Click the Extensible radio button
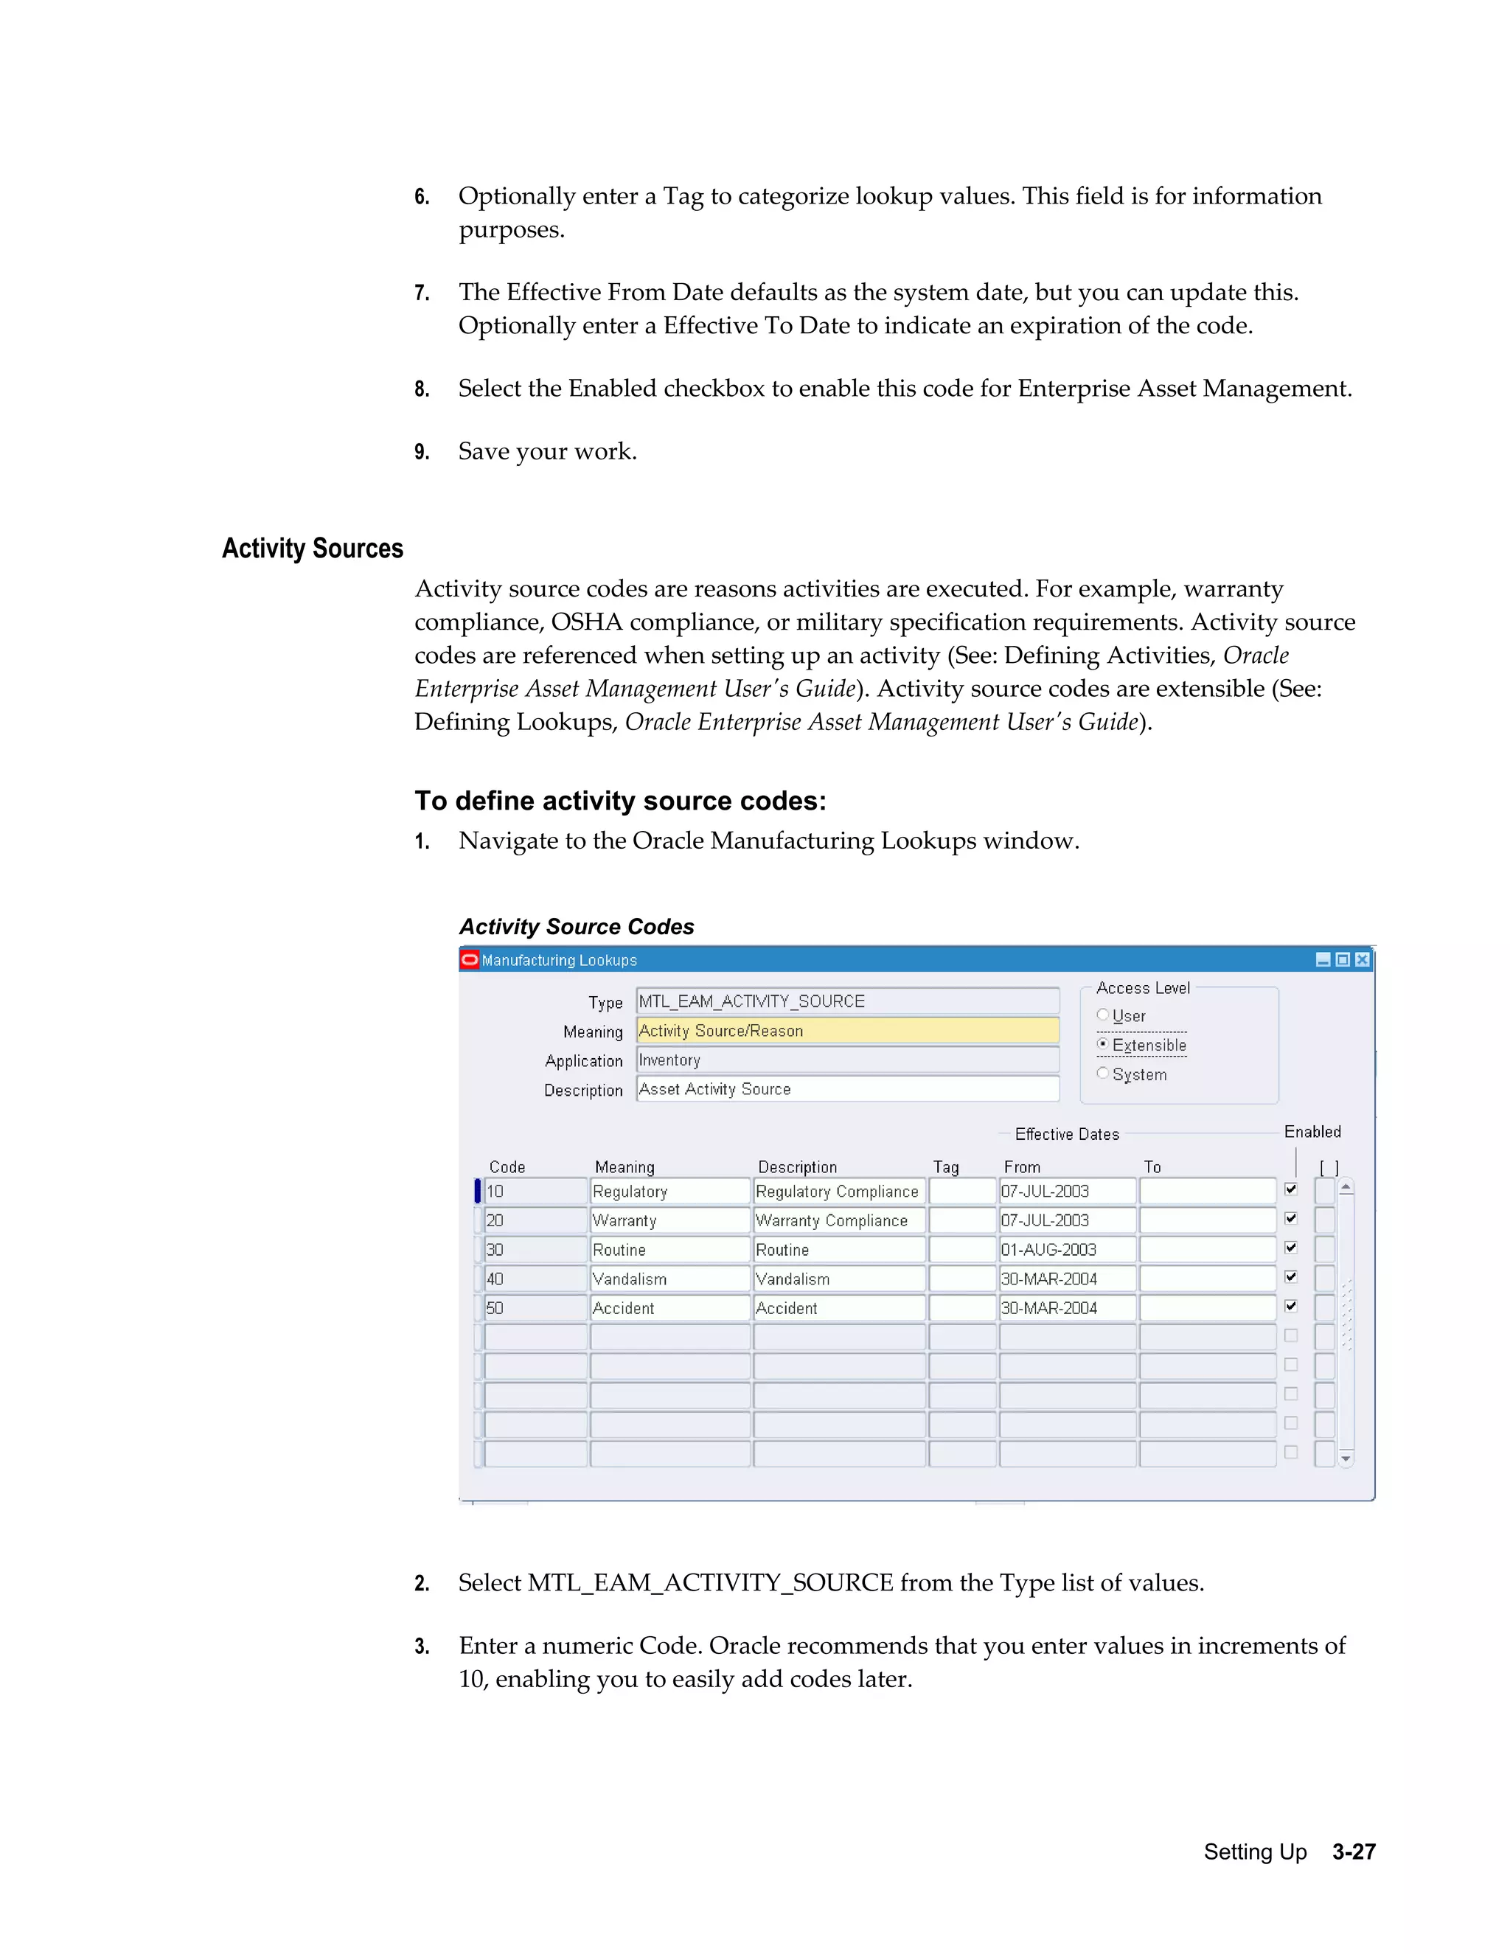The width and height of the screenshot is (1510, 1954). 1103,1044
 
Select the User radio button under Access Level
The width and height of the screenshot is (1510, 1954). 1103,1015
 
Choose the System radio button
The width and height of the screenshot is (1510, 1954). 1103,1073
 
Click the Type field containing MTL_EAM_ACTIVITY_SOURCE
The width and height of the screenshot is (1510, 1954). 846,1001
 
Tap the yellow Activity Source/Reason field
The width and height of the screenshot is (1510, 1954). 846,1031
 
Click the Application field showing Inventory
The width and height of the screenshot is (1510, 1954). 846,1060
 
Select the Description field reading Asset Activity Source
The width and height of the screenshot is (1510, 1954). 846,1089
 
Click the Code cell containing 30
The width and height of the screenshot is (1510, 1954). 535,1250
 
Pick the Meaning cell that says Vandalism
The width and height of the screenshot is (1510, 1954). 669,1279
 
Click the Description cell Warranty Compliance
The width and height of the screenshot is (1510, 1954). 838,1220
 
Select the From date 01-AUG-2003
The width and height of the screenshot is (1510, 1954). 1066,1250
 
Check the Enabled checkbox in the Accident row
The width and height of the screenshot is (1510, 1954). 1291,1307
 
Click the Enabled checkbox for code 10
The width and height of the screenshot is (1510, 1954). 1291,1190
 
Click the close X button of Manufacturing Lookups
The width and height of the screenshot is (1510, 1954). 1363,960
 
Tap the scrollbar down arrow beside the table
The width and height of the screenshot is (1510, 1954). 1346,1458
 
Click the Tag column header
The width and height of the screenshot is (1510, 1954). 945,1167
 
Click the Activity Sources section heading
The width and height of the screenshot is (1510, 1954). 312,549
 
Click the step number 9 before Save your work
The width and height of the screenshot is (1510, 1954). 421,452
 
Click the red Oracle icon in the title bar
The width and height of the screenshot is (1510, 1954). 470,960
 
